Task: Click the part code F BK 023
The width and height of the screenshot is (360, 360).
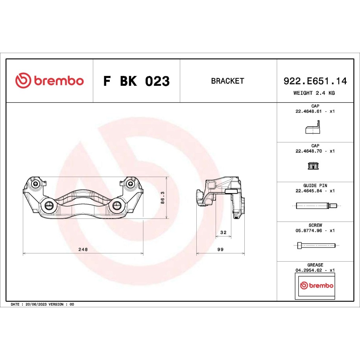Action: tap(137, 81)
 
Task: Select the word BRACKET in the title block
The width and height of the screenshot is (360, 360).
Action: tap(227, 81)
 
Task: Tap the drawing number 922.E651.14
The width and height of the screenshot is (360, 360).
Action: tap(315, 81)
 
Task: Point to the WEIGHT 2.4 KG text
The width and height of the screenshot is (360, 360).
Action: tap(314, 93)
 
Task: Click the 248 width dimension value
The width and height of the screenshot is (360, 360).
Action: tap(83, 249)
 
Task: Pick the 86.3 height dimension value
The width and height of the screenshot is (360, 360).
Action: tap(162, 198)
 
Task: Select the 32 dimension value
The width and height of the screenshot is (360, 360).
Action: tap(223, 233)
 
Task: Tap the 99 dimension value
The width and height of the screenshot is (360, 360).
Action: tap(220, 249)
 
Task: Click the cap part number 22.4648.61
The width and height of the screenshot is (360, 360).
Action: tap(308, 111)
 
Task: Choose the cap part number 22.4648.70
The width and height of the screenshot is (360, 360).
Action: tap(308, 151)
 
